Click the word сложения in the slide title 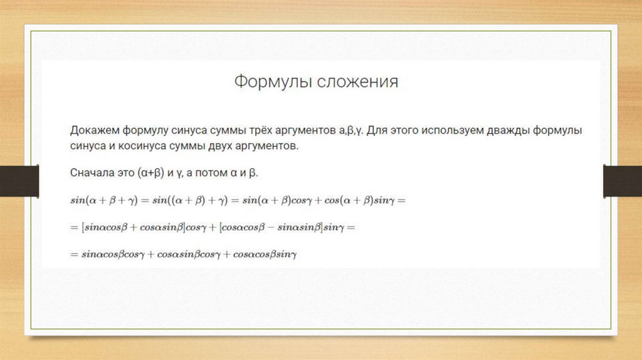coord(357,82)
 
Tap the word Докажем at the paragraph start coord(95,130)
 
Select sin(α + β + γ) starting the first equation coord(104,200)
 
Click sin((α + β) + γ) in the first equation coord(189,200)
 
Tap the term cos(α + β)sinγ coord(359,200)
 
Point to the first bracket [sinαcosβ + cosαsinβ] coord(134,227)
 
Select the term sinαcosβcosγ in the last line coord(113,255)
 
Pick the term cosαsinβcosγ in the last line coord(189,255)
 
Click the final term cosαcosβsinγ coord(265,255)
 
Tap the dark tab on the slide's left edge coord(19,181)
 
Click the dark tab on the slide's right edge coord(623,181)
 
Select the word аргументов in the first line coord(305,130)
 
